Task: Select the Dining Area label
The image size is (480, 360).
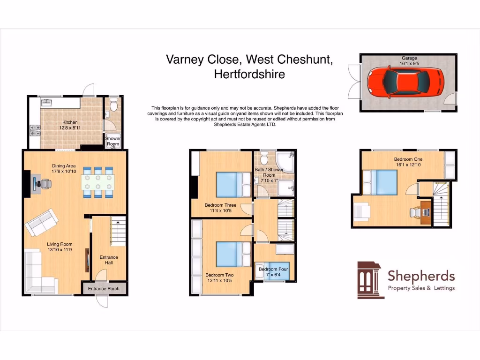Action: click(x=64, y=165)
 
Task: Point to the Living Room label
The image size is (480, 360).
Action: click(x=60, y=244)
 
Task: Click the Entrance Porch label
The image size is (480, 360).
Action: click(x=104, y=289)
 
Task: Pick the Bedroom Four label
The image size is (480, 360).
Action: click(x=274, y=269)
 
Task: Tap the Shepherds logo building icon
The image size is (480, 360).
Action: click(x=370, y=280)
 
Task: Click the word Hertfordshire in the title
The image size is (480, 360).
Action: click(x=249, y=74)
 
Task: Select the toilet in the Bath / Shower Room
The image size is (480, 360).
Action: click(x=263, y=157)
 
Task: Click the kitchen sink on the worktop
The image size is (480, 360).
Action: click(x=46, y=102)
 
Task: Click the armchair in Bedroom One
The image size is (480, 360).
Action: click(x=362, y=211)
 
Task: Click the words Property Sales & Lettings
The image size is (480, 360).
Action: click(x=420, y=288)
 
